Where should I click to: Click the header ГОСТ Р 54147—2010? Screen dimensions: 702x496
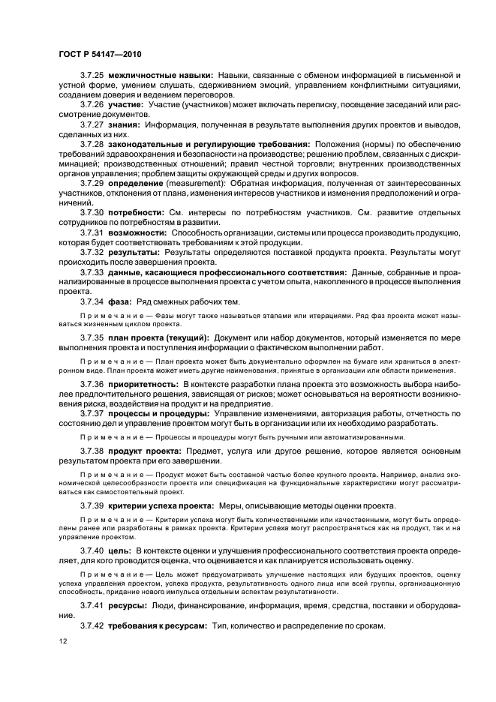point(98,55)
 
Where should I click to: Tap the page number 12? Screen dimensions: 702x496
point(62,640)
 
